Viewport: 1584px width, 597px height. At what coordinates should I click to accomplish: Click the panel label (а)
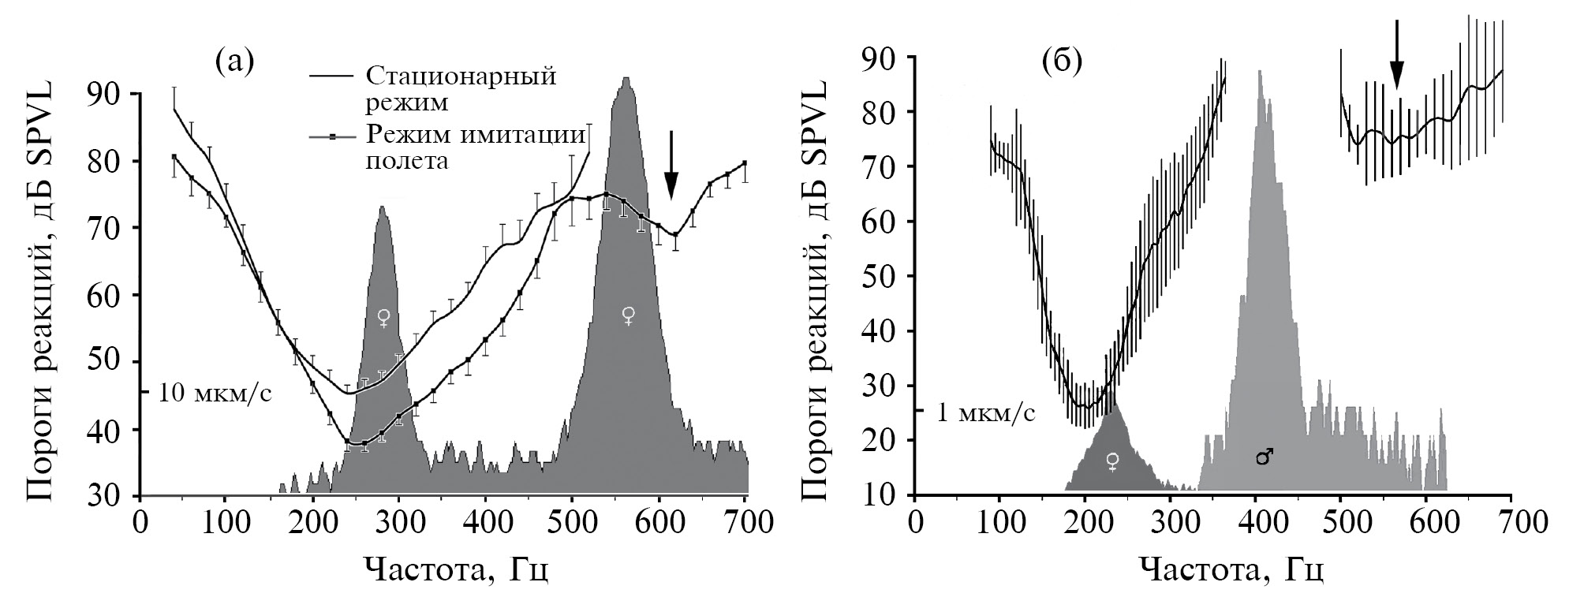pos(235,61)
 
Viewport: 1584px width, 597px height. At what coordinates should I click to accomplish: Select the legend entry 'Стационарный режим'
pos(461,89)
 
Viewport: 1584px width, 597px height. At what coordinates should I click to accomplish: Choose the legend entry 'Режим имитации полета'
pos(476,147)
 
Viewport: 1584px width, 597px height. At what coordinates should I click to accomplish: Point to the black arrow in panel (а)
pos(671,164)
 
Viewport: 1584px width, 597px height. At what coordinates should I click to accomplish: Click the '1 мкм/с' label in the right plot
pos(985,412)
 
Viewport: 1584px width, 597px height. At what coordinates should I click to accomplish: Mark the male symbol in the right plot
pos(1264,457)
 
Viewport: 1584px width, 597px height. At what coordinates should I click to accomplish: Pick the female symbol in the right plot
pos(1112,461)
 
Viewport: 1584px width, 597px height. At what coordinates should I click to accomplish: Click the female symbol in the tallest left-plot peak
pos(628,316)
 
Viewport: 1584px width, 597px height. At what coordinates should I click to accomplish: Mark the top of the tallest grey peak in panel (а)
pos(626,78)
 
